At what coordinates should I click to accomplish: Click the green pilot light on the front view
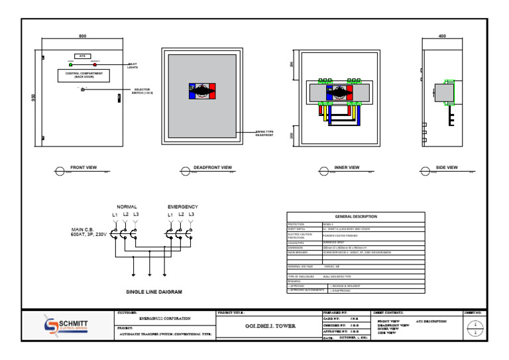(x=71, y=65)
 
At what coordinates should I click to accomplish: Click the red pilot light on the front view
(x=95, y=65)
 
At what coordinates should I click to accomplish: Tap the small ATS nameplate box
(x=83, y=56)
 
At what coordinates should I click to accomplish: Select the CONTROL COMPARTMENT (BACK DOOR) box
(x=83, y=76)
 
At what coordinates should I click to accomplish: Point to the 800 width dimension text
(x=82, y=36)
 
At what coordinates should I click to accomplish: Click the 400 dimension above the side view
(x=443, y=36)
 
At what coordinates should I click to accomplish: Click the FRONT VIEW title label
(x=84, y=168)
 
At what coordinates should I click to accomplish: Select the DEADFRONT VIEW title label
(x=212, y=168)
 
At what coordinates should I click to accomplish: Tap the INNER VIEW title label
(x=347, y=168)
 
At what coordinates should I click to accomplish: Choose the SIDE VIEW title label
(x=446, y=168)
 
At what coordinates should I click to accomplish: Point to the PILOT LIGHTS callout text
(x=133, y=66)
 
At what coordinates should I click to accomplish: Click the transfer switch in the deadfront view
(x=203, y=92)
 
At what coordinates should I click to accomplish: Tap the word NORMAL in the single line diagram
(x=127, y=207)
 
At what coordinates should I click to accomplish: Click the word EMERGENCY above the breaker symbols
(x=182, y=207)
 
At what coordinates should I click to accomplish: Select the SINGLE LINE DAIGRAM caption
(x=154, y=291)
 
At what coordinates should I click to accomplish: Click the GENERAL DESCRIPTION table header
(x=356, y=216)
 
